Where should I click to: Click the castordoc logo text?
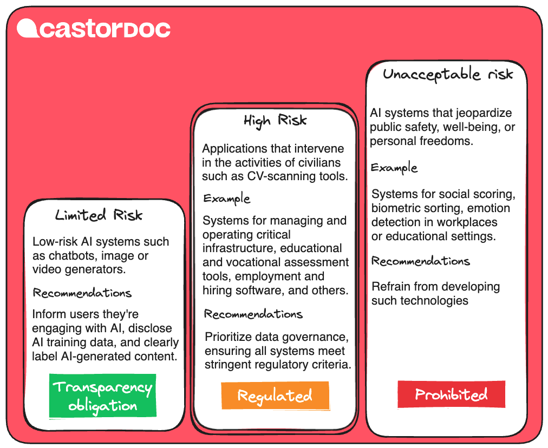[x=105, y=29]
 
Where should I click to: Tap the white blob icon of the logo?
[x=27, y=28]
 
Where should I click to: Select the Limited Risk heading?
[x=99, y=215]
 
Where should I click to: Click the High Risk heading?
[x=275, y=120]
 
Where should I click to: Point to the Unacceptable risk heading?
[x=447, y=74]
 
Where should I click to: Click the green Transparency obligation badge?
[x=103, y=396]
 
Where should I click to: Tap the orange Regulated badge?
[x=275, y=396]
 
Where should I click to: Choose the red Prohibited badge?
[x=451, y=394]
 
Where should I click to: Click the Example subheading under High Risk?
[x=227, y=199]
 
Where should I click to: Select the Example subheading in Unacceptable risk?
[x=394, y=168]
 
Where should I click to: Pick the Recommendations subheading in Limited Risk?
[x=82, y=293]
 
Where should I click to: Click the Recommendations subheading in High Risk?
[x=253, y=314]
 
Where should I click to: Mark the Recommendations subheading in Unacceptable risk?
[x=420, y=261]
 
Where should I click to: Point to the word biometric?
[x=395, y=208]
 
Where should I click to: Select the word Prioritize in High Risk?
[x=230, y=337]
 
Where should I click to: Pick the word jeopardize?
[x=481, y=114]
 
